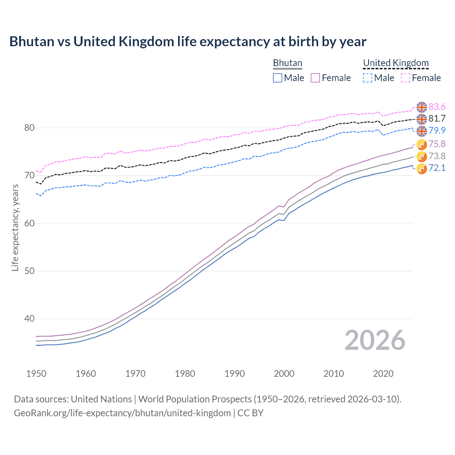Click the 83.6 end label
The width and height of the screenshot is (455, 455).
pos(437,107)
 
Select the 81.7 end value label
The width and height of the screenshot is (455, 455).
pos(437,119)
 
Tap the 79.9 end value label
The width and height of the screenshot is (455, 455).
pos(437,130)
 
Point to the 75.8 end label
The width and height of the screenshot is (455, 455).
pos(437,144)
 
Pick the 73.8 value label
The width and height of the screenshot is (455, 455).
pos(437,156)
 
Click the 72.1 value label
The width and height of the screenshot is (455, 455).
pos(437,168)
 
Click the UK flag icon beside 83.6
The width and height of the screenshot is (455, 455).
pos(422,107)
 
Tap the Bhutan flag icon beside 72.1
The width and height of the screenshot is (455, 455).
pos(422,169)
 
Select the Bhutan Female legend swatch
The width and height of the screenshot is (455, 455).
pos(315,78)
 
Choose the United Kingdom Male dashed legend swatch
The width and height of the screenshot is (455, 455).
pos(368,78)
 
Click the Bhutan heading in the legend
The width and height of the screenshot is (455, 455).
pos(287,63)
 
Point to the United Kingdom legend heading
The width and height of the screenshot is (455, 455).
pos(396,63)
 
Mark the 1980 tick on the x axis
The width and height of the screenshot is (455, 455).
pos(185,374)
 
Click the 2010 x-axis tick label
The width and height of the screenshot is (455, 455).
pos(333,374)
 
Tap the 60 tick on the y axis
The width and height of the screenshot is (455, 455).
pos(29,223)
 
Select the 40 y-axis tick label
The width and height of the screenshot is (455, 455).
pos(29,318)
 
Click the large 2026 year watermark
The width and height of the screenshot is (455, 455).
pos(375,340)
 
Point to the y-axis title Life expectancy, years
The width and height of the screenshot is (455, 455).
pos(15,227)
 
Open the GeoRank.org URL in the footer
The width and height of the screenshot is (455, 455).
pos(122,413)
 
